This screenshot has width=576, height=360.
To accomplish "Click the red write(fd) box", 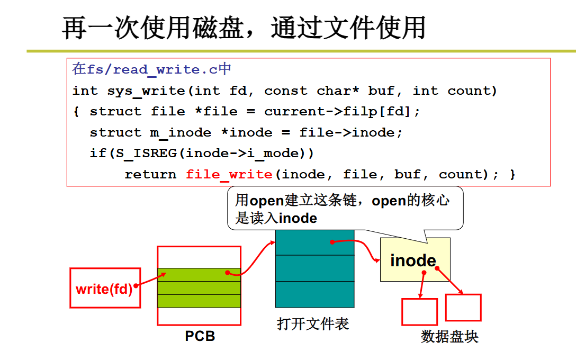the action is [105, 288].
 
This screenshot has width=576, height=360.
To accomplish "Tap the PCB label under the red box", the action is [200, 336].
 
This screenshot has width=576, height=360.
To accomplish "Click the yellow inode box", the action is [415, 259].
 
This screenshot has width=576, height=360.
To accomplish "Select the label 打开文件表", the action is [313, 323].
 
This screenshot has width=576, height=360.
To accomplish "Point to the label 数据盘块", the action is [449, 337].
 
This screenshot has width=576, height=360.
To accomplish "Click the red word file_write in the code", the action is [229, 174].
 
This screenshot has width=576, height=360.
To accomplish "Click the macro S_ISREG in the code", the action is [142, 154].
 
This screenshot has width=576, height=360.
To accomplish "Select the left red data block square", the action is [419, 312].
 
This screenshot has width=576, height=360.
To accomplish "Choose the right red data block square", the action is [463, 308].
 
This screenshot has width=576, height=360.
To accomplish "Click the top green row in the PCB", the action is [199, 274].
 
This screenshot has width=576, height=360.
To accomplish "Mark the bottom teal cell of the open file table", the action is [314, 294].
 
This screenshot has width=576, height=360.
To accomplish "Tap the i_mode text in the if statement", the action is [282, 154].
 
